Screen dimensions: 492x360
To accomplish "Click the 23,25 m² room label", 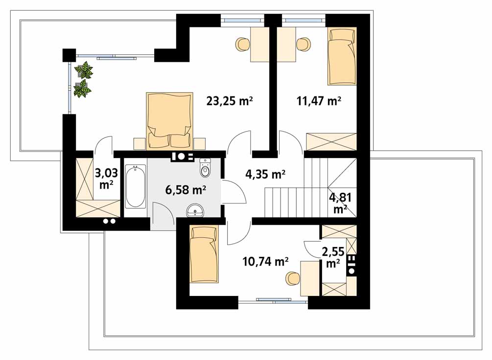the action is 230,101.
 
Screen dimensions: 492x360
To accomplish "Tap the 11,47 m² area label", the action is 319,101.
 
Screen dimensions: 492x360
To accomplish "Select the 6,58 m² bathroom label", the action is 186,190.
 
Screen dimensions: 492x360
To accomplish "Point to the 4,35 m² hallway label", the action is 265,174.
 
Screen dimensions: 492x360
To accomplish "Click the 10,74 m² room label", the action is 265,261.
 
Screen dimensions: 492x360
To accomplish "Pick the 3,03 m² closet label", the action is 106,179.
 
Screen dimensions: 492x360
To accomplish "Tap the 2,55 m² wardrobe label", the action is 333,257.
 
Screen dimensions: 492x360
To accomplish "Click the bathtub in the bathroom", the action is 135,186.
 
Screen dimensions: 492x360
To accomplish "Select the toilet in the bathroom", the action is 205,168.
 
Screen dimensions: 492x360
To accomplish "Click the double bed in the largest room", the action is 169,120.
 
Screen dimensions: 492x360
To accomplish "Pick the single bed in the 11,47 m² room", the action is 342,56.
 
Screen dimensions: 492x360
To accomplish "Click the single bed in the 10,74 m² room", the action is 204,254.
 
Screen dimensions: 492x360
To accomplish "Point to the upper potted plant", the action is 83,70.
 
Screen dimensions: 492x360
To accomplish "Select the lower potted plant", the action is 83,88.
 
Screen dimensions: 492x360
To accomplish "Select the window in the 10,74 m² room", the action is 273,301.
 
